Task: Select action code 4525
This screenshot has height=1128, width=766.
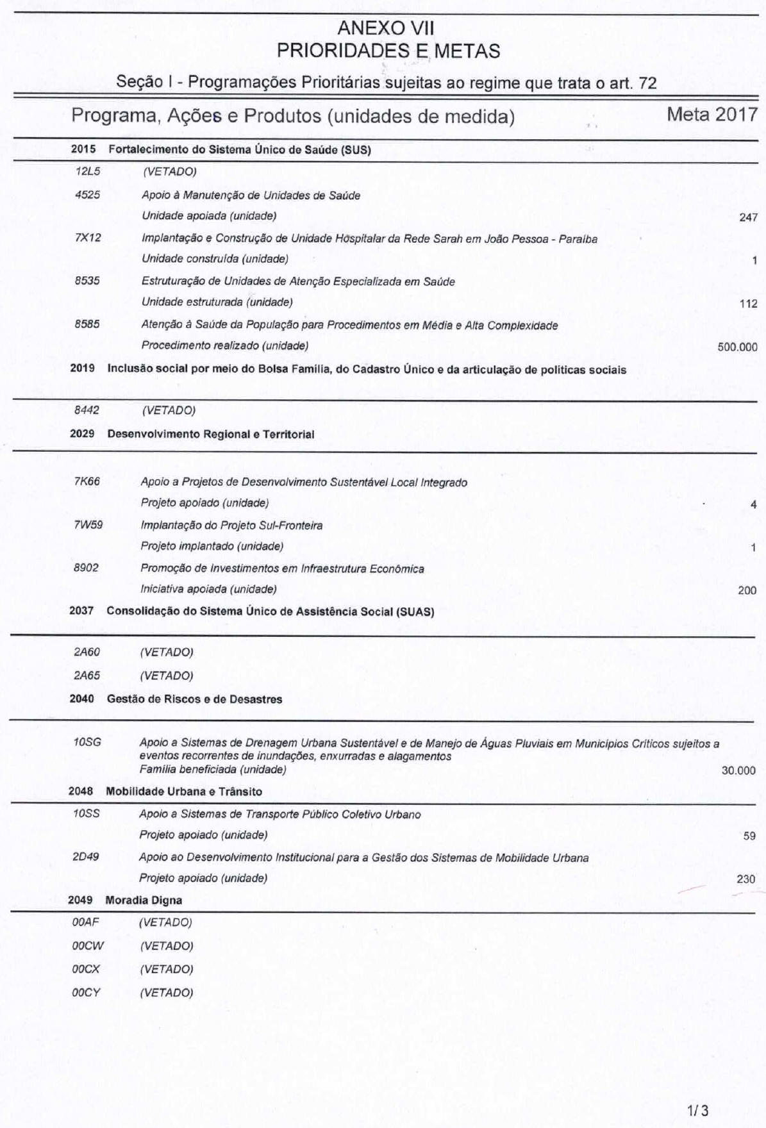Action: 88,195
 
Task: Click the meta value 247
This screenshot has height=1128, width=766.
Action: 748,217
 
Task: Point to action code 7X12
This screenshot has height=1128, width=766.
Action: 88,238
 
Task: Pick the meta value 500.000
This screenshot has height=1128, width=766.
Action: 737,347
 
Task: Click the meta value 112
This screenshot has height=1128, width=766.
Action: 748,304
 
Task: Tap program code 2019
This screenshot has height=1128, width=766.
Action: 83,369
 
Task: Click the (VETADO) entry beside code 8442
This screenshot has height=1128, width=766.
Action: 169,410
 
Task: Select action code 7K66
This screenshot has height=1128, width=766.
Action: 87,481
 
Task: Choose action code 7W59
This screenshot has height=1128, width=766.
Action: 88,525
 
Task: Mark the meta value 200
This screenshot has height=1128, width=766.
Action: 747,590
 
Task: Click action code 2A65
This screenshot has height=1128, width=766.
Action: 87,676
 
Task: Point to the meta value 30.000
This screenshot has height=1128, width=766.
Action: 738,770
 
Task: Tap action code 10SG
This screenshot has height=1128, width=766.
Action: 87,742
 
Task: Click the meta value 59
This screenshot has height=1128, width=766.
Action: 749,836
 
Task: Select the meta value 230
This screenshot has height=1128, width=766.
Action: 746,879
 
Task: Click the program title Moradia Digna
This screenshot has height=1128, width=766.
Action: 144,900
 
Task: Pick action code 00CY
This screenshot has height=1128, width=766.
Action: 87,993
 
